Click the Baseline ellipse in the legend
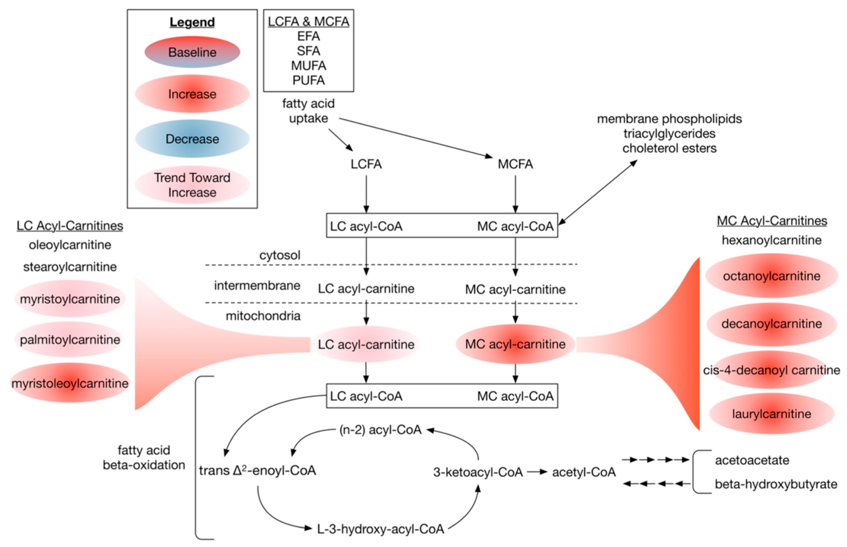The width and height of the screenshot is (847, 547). [x=192, y=52]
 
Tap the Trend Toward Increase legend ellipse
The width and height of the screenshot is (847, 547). [x=192, y=185]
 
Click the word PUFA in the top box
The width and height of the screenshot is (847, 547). [x=308, y=80]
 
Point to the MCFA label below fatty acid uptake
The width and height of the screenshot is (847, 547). [x=515, y=164]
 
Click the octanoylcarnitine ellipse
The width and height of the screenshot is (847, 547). [x=771, y=276]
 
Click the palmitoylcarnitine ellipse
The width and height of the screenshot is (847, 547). [x=70, y=340]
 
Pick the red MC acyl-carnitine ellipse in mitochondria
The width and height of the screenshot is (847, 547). [x=515, y=344]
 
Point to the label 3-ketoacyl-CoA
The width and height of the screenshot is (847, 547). [x=478, y=472]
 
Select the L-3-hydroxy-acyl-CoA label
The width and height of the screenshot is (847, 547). [x=380, y=529]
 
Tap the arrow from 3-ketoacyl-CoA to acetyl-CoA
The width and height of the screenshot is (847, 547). [x=537, y=472]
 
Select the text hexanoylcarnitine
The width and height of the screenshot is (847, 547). [x=771, y=240]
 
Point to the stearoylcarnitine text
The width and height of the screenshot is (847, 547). [x=70, y=267]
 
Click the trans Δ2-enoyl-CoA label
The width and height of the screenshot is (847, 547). [x=257, y=471]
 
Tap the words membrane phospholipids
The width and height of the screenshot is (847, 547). [x=669, y=119]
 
